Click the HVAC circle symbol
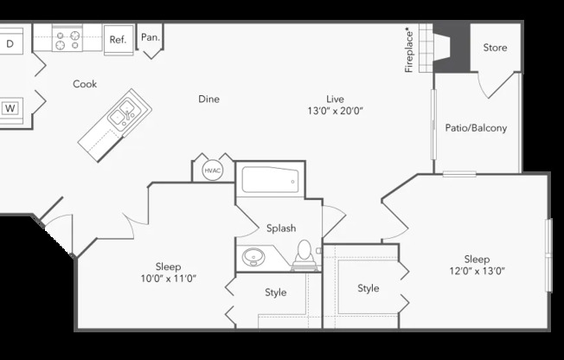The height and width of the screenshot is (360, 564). point(212,170)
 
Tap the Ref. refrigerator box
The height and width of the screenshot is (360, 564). point(119,39)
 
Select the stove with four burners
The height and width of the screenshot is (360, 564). point(67,38)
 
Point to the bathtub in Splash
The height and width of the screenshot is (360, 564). point(271,180)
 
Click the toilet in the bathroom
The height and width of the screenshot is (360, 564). point(304,255)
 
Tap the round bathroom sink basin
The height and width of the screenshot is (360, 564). point(253,257)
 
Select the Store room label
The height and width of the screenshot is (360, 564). point(495,48)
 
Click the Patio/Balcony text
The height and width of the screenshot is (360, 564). point(476,128)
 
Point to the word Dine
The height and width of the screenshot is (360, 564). point(209,99)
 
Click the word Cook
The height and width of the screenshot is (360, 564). point(85,84)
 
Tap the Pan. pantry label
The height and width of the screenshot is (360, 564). point(151,37)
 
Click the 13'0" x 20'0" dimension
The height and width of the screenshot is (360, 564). point(336,111)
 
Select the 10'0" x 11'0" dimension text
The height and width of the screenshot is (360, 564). point(169,279)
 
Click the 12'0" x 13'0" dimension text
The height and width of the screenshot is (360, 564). point(477,271)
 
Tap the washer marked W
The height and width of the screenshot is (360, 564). point(10,108)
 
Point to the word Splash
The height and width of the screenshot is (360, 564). point(281,228)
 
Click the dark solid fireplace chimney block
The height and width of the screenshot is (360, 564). point(452,47)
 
